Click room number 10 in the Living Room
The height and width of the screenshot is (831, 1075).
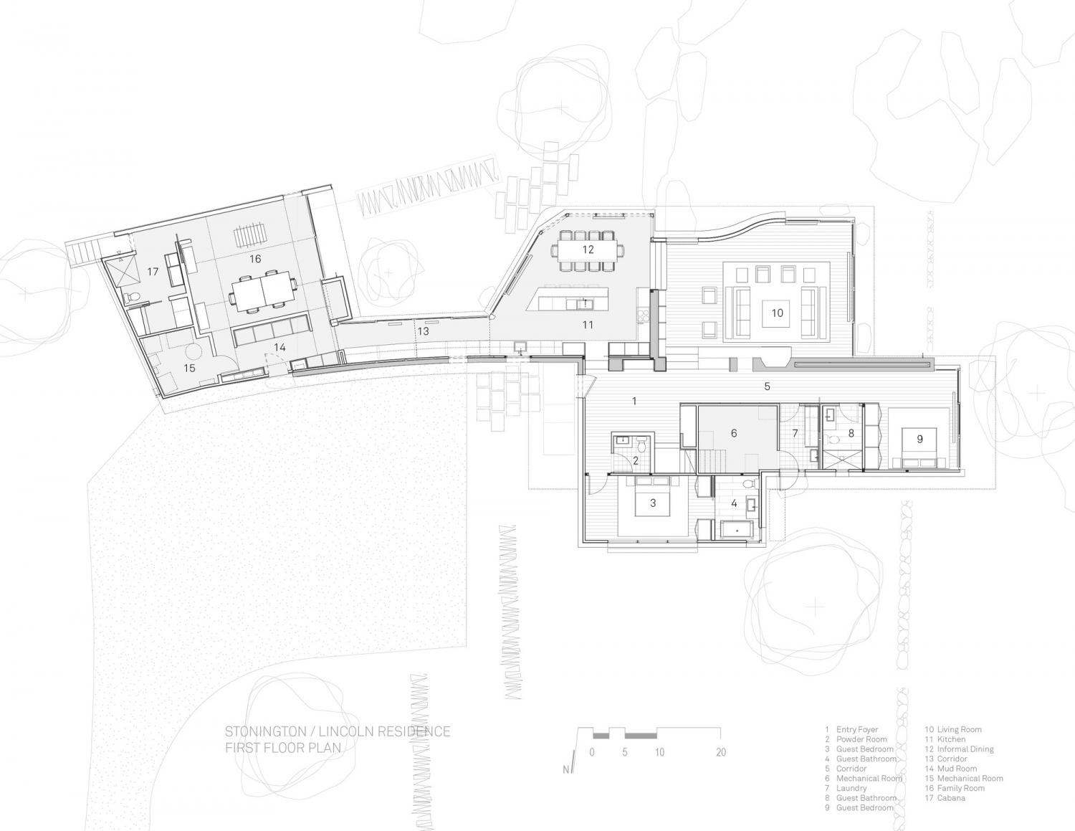[x=777, y=313]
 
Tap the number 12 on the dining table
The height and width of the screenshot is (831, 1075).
[x=588, y=250]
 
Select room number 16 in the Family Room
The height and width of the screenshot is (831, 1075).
[x=255, y=259]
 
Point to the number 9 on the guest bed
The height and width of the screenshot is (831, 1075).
[x=919, y=439]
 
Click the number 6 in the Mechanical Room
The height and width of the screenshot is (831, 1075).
[x=734, y=433]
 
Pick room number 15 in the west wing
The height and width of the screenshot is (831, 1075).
[x=189, y=368]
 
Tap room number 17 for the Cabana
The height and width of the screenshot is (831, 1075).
[x=152, y=271]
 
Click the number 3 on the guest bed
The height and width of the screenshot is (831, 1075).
[x=653, y=503]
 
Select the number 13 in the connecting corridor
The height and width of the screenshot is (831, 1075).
[x=424, y=331]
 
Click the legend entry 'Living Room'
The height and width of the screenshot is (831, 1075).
[x=958, y=729]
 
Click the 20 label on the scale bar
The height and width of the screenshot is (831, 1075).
[x=721, y=752]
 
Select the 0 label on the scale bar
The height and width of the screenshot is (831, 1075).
[x=592, y=752]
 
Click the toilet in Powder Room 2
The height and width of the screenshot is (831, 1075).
[x=643, y=447]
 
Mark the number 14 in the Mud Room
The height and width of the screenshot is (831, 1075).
[x=279, y=347]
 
